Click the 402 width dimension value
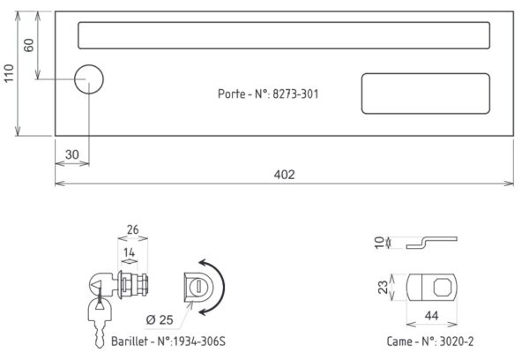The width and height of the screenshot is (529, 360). point(284,175)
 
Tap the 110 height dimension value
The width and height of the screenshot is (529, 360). point(9,73)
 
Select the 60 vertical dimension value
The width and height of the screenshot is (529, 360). point(29,45)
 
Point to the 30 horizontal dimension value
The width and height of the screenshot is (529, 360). point(72,154)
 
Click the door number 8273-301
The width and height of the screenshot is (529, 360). point(295,94)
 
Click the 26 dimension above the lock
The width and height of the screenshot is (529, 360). point(132,229)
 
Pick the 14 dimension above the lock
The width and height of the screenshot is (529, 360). point(129,252)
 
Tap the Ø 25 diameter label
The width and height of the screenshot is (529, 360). point(160,319)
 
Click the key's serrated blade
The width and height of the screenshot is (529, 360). point(100,334)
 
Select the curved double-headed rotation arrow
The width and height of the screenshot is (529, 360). point(222,287)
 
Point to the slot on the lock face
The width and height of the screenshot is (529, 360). point(197,287)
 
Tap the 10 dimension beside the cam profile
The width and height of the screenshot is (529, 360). point(379,242)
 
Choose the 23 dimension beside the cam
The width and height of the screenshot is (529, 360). point(383,287)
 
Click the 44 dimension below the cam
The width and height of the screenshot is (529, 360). point(431,315)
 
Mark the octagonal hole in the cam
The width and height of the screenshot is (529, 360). point(443,287)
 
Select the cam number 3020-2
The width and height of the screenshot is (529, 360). point(457,341)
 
